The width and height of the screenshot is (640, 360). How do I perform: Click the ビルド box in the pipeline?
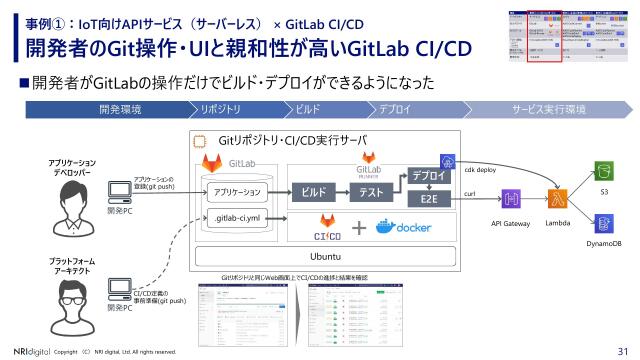pyautogui.click(x=314, y=190)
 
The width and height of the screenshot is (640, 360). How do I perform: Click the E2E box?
pyautogui.click(x=427, y=200)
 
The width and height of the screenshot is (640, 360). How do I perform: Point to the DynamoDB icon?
pyautogui.click(x=602, y=221)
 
